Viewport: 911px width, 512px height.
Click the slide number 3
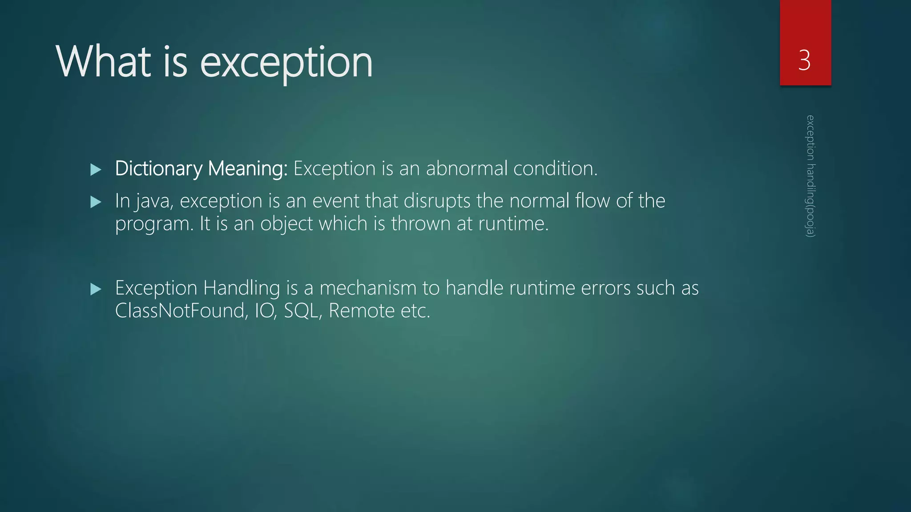pyautogui.click(x=804, y=60)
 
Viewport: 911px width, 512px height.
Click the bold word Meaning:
pyautogui.click(x=248, y=168)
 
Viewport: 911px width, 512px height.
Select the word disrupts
pyautogui.click(x=437, y=201)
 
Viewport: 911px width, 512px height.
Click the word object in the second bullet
pyautogui.click(x=286, y=224)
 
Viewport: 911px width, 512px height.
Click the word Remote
pyautogui.click(x=362, y=311)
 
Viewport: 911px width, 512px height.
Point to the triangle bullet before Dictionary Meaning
pyautogui.click(x=96, y=169)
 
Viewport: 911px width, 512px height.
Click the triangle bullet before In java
pyautogui.click(x=96, y=202)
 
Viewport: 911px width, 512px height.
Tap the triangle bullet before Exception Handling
pyautogui.click(x=96, y=289)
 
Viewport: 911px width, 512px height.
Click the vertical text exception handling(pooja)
pyautogui.click(x=810, y=176)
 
